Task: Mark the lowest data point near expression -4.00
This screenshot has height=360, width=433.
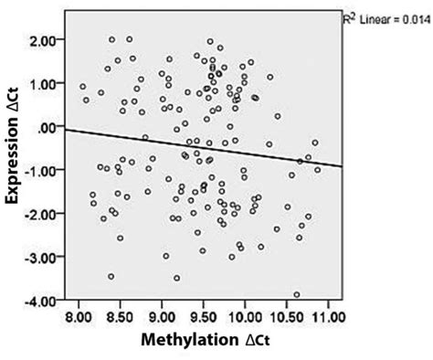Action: [297, 295]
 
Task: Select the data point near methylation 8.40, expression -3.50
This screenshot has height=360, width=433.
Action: [111, 276]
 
